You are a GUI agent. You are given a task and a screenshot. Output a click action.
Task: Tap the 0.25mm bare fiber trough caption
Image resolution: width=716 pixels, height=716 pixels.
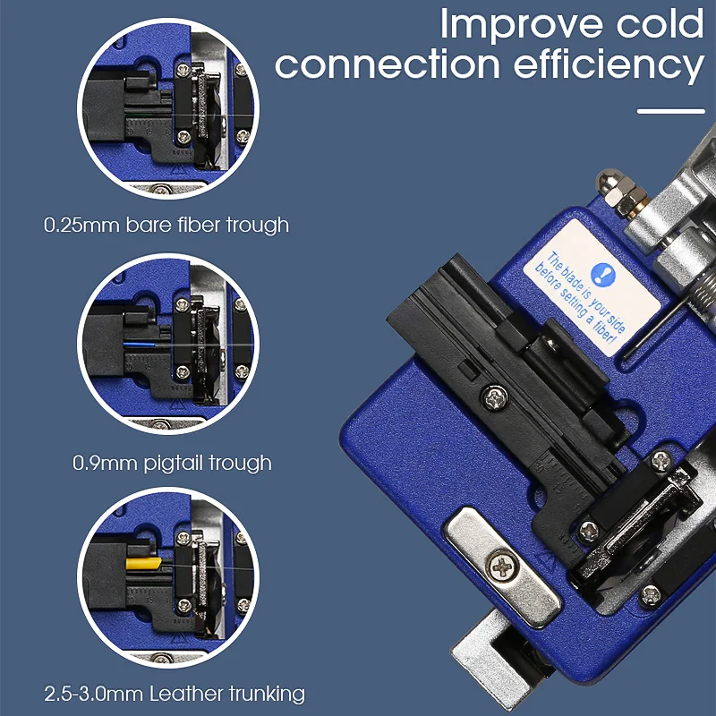pos(166,224)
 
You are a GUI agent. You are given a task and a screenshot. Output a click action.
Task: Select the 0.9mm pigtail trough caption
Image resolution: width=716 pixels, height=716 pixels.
pos(171,463)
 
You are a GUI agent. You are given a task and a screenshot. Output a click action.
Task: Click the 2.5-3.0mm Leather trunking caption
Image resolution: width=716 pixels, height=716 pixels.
pos(174,693)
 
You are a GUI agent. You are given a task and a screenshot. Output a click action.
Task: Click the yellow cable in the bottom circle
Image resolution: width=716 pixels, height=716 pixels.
pos(141,565)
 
